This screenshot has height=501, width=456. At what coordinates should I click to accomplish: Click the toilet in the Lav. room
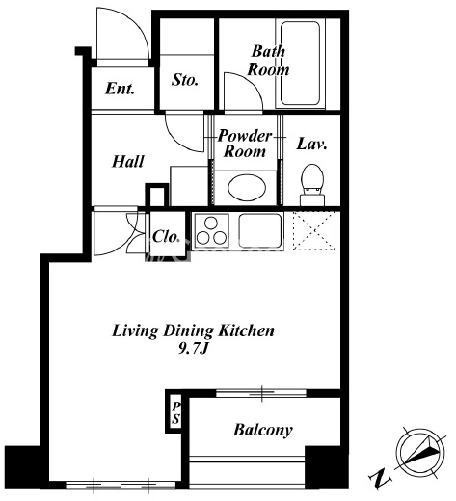[312, 184]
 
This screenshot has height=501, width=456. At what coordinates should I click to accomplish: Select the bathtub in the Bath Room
[300, 64]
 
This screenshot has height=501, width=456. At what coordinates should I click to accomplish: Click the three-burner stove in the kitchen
[211, 230]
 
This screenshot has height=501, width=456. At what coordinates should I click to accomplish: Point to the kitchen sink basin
[260, 230]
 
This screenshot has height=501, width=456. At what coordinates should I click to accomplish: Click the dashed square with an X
[314, 230]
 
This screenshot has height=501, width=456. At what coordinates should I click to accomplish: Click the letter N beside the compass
[380, 480]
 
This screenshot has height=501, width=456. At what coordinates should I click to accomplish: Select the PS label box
[175, 413]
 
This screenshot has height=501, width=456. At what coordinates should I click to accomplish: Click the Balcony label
[263, 430]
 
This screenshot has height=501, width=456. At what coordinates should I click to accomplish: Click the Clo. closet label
[166, 237]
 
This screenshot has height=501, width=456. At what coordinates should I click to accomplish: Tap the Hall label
[128, 162]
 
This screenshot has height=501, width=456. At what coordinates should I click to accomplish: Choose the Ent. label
[120, 89]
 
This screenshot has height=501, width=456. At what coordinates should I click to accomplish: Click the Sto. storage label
[185, 80]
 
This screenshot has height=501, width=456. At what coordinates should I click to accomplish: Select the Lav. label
[311, 144]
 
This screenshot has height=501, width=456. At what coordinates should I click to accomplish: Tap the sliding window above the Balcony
[261, 392]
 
